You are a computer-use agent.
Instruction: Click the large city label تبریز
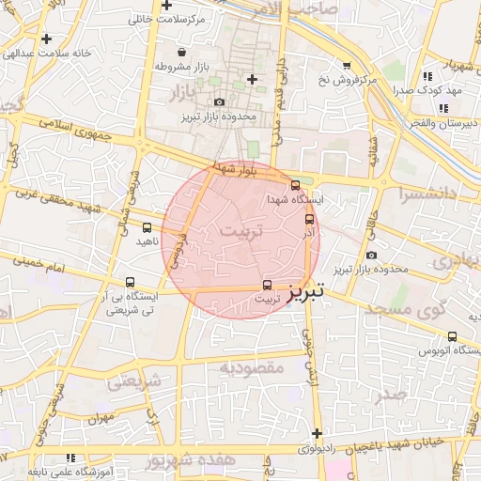305,292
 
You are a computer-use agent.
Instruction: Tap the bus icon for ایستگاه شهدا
296,185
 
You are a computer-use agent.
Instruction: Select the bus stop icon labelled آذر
309,217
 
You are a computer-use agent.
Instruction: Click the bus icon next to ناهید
147,227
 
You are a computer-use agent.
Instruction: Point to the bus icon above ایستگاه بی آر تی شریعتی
130,281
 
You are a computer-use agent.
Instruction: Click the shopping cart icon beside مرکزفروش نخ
348,66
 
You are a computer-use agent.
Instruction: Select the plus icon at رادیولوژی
318,434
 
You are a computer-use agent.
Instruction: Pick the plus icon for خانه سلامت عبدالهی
46,39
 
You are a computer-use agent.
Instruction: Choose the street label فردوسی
177,248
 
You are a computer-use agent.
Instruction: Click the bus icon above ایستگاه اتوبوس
452,336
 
